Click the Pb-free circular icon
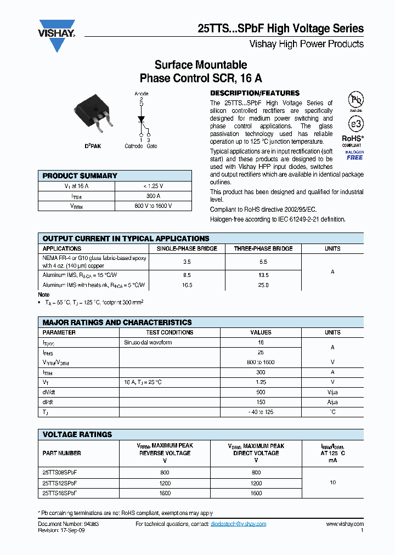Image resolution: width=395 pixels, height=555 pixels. pos(356,99)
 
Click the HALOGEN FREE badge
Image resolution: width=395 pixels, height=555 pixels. pos(354,155)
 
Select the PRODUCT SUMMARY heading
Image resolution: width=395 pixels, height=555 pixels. pos(80,176)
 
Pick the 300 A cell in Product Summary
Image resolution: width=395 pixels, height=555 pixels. pos(153,196)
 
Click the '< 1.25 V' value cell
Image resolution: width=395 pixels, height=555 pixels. pos(153,186)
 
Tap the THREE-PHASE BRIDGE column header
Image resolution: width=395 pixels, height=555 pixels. pos(263,248)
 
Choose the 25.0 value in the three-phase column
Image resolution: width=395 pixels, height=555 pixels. pos(263,285)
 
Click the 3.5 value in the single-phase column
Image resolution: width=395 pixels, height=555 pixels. pos(187,262)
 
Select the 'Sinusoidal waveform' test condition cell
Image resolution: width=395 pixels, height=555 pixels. pos(148,342)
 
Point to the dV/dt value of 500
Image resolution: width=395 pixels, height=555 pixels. pos(261,392)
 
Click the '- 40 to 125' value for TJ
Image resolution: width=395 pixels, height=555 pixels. pos(261,412)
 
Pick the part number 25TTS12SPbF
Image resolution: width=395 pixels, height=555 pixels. pos(60,483)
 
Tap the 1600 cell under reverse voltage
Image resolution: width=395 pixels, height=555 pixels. pos(165,493)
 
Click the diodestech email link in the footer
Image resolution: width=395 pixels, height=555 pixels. pos(238,524)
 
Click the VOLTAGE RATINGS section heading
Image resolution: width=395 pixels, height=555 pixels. pos(77,434)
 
